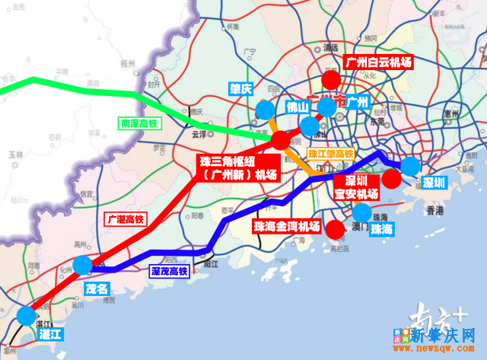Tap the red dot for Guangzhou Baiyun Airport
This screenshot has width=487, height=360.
tap(331, 81)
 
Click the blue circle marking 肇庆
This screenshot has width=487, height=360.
tap(264, 110)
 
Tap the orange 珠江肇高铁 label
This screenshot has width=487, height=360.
tap(331, 155)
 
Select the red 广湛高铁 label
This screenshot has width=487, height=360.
tap(124, 219)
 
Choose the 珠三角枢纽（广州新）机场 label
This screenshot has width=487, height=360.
tap(238, 168)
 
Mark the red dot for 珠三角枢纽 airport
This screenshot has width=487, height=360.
tap(280, 140)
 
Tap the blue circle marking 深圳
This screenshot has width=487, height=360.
tap(411, 166)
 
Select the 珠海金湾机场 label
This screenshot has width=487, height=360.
tap(287, 226)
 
